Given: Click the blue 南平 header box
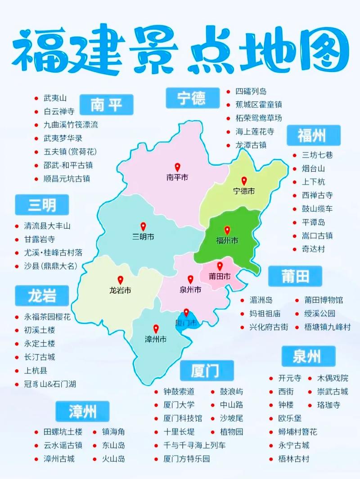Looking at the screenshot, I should pos(106,104).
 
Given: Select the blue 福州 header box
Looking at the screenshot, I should pos(313,135).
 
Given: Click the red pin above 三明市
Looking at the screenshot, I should pos(143,226).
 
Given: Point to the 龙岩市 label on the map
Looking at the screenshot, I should pos(120,290).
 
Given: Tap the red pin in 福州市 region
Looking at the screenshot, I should pos(227,230).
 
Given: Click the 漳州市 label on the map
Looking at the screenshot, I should pos(156,339).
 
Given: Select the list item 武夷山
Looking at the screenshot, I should pos(55,98).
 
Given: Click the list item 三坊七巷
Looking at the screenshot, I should pos(317,155).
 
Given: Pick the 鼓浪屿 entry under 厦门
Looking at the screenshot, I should pos(231,392).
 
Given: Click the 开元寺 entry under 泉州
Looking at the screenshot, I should pos(290,378).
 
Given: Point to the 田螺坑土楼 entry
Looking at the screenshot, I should pos(63,432).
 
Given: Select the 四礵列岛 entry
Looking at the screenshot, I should pos(251,91).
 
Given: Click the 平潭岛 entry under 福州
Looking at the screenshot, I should pos(313,222).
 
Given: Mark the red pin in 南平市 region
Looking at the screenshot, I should pos(177,167).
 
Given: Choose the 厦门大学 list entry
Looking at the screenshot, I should pos(179,405).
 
